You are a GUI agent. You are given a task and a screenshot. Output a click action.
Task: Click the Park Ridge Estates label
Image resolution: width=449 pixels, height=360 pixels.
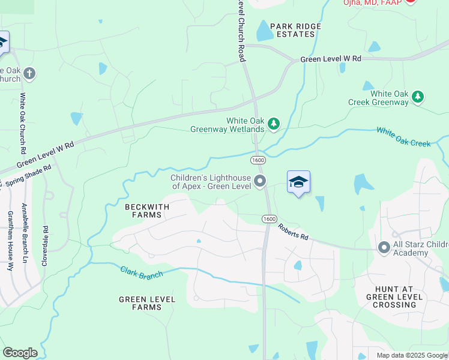pyautogui.click(x=295, y=30)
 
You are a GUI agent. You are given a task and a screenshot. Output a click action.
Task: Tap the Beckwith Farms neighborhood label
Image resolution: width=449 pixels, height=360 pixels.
pyautogui.click(x=147, y=211)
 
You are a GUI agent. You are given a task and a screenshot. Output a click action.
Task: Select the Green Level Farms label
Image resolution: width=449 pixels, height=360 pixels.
pyautogui.click(x=147, y=303)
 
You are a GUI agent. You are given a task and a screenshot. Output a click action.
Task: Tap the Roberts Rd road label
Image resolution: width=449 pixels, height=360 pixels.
pyautogui.click(x=293, y=232)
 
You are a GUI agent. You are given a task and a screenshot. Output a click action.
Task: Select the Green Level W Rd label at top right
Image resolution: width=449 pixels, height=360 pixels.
pyautogui.click(x=331, y=59)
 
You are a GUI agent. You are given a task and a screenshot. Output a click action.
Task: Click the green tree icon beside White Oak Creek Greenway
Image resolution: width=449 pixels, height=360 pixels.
pyautogui.click(x=418, y=97)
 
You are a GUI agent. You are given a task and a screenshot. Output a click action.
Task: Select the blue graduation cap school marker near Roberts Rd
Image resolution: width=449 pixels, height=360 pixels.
pyautogui.click(x=298, y=182)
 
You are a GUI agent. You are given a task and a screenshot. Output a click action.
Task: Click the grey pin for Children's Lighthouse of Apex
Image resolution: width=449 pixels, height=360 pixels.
pyautogui.click(x=260, y=181)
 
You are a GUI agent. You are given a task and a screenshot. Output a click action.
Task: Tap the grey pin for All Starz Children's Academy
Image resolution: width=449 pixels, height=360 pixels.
pyautogui.click(x=384, y=247)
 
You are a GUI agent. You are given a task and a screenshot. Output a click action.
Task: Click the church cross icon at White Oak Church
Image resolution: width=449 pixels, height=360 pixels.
pyautogui.click(x=29, y=74)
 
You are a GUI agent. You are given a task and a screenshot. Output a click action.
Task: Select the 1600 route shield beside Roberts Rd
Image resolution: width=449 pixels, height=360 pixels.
pyautogui.click(x=269, y=219)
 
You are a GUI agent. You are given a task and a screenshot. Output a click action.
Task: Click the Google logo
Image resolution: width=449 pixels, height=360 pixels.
pyautogui.click(x=20, y=353)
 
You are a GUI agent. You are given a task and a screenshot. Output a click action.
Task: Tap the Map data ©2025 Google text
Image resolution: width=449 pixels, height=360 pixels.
pyautogui.click(x=411, y=355)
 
